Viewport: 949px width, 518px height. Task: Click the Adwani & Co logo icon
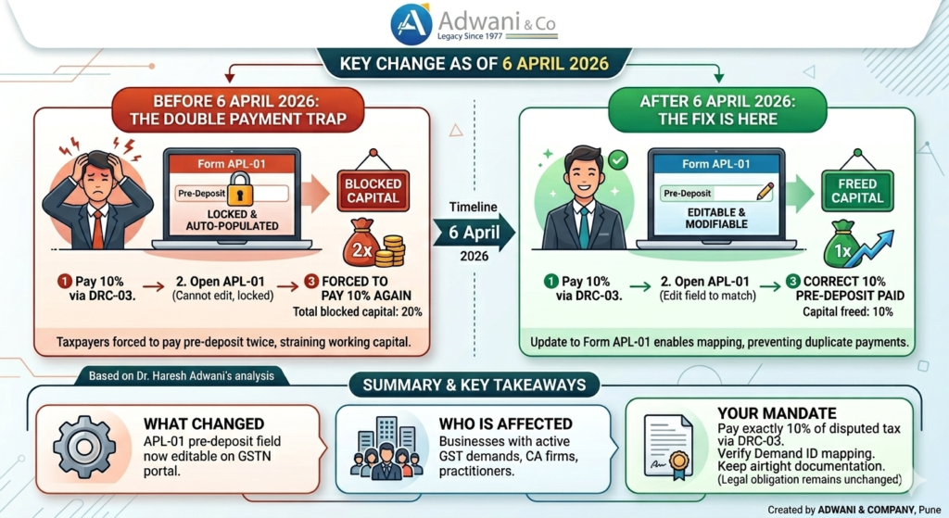[x=411, y=24]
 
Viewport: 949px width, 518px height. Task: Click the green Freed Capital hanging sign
[x=856, y=189]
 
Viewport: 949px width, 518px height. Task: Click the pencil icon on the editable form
[x=765, y=192]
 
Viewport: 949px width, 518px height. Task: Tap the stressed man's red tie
[x=97, y=228]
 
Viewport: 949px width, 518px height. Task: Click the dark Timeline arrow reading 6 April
[x=474, y=233]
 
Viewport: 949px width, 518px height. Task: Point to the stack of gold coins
[x=392, y=251]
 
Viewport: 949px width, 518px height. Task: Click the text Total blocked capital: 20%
[x=365, y=311]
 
